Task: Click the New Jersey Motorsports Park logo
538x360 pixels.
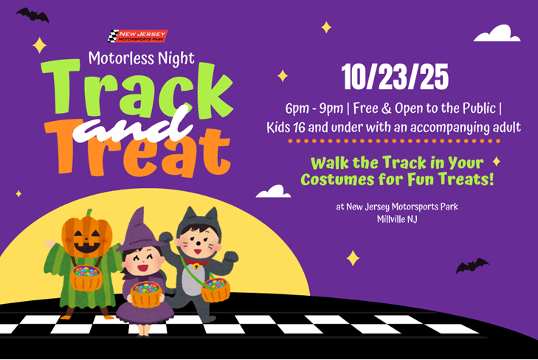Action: [137, 36]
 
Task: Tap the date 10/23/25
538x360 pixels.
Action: [395, 77]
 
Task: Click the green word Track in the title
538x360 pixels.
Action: [137, 90]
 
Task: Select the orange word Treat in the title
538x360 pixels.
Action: [137, 148]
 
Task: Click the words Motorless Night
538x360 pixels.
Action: [142, 58]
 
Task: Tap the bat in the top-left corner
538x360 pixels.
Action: [32, 15]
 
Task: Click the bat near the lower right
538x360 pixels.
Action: [472, 266]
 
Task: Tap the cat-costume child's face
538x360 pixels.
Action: [197, 242]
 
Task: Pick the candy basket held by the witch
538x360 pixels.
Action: [146, 294]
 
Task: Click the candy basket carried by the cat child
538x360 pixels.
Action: [215, 290]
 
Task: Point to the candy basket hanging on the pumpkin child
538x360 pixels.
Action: [86, 277]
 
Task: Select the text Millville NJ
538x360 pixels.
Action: [397, 219]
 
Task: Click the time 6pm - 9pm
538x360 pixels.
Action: [314, 108]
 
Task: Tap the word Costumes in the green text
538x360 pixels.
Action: [337, 179]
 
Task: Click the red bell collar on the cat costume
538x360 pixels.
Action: [196, 263]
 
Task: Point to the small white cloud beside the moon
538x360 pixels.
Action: [274, 191]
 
